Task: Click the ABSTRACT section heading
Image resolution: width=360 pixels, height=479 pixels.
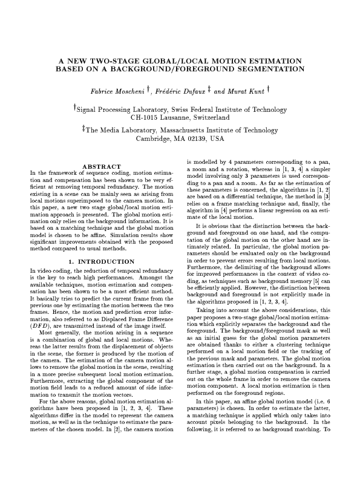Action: pos(101,166)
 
